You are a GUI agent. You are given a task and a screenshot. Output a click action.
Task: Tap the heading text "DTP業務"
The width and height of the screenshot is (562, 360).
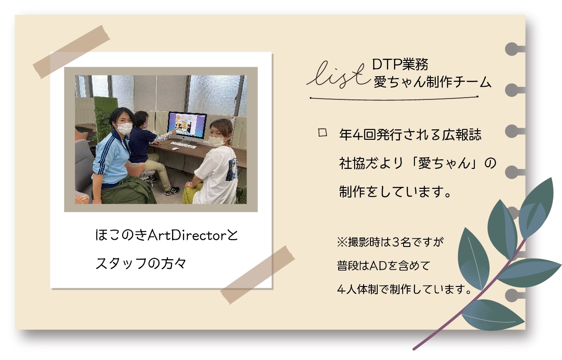click(400, 64)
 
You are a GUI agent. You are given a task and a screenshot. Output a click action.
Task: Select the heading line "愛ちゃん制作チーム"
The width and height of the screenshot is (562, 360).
click(432, 82)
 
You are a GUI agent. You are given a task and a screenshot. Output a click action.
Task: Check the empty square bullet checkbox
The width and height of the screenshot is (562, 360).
click(322, 133)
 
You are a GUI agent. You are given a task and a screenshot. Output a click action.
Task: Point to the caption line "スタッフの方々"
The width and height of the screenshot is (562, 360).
click(141, 263)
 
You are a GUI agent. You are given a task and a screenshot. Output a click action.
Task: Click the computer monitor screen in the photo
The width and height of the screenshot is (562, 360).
click(187, 126)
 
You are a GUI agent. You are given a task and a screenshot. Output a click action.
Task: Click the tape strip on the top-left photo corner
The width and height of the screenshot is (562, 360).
click(72, 52)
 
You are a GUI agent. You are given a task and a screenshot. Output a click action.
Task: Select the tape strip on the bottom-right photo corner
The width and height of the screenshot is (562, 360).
click(258, 275)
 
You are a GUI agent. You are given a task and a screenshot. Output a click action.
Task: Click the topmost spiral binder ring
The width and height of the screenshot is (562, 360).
click(514, 49)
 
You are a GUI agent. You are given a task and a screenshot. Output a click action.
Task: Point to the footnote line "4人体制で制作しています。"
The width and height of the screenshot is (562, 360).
click(404, 289)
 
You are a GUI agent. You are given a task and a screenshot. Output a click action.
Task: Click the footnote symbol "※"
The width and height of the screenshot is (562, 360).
click(342, 242)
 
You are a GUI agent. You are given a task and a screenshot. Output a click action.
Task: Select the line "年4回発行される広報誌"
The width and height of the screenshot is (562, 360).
click(410, 134)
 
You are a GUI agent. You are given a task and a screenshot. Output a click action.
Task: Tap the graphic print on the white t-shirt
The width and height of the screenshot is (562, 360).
click(231, 170)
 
